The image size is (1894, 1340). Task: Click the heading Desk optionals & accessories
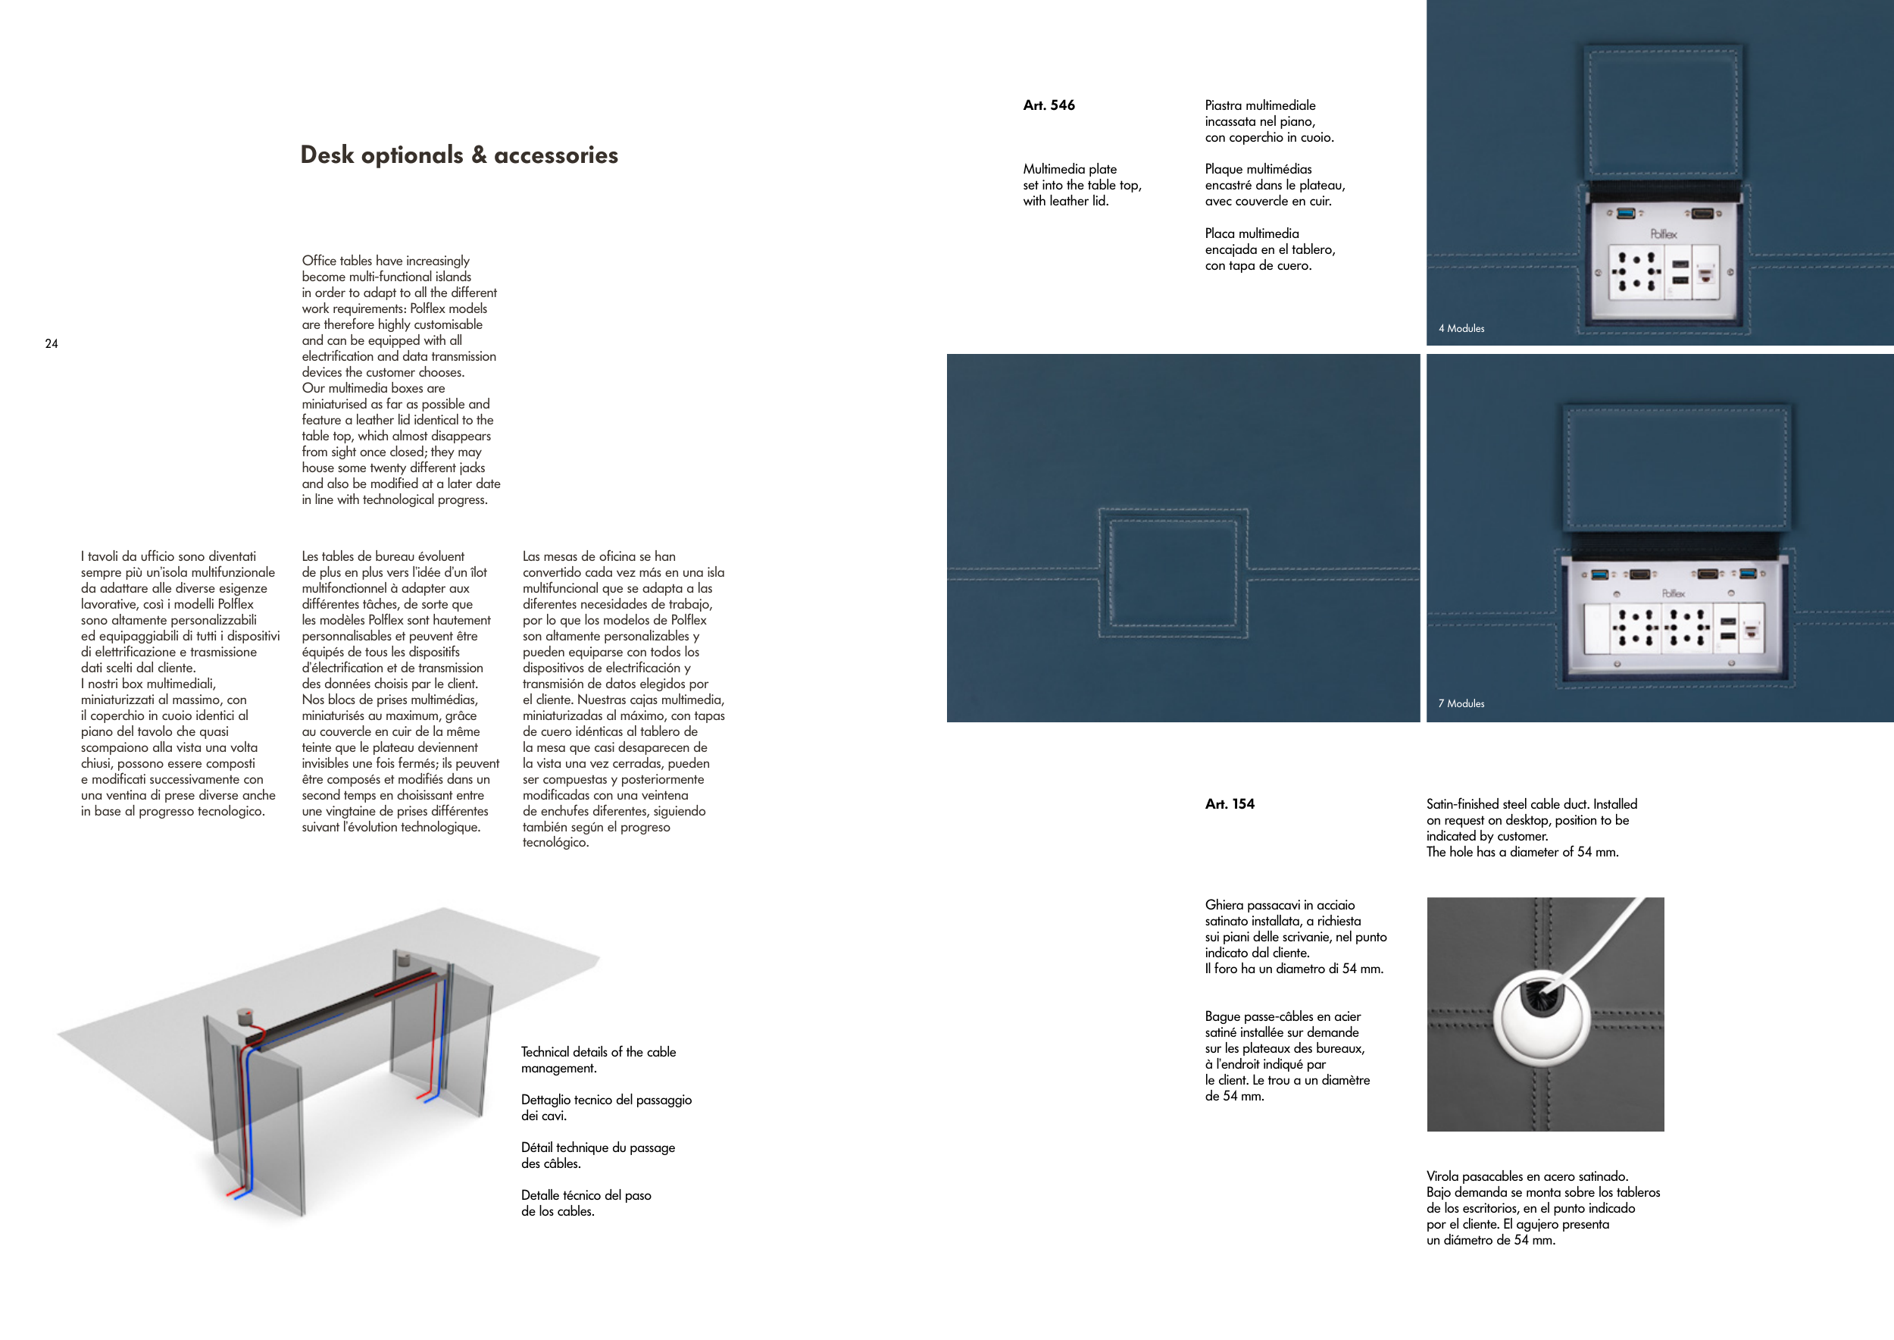pyautogui.click(x=458, y=155)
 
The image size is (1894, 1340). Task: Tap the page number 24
pyautogui.click(x=52, y=344)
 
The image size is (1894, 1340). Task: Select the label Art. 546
pyautogui.click(x=1049, y=105)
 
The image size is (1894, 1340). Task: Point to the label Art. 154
pyautogui.click(x=1229, y=804)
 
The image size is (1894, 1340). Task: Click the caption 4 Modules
pyautogui.click(x=1461, y=328)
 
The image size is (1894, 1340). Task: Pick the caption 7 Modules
pyautogui.click(x=1461, y=704)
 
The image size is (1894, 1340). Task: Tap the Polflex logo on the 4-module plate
pyautogui.click(x=1663, y=234)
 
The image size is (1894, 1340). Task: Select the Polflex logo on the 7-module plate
pyautogui.click(x=1673, y=593)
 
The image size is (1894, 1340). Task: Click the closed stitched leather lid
pyautogui.click(x=1172, y=574)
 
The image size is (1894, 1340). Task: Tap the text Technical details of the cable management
pyautogui.click(x=598, y=1060)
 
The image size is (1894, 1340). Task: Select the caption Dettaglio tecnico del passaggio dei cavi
pyautogui.click(x=606, y=1108)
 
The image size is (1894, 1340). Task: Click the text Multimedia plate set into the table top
pyautogui.click(x=1081, y=185)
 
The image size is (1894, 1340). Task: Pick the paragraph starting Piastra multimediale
pyautogui.click(x=1269, y=121)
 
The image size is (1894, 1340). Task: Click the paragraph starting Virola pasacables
pyautogui.click(x=1542, y=1208)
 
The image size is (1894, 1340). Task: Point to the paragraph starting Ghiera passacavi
pyautogui.click(x=1295, y=937)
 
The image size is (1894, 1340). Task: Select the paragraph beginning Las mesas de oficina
pyautogui.click(x=623, y=699)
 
